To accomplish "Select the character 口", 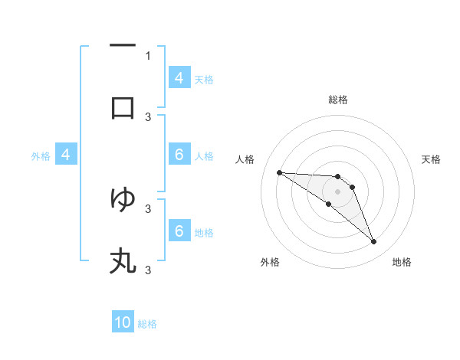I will (123, 108).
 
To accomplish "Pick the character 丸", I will (123, 261).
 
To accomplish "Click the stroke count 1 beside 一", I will (148, 55).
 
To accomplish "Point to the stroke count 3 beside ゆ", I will (148, 208).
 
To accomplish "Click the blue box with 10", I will (123, 322).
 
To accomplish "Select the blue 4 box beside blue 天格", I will (179, 77).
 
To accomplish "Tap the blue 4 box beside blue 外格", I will (66, 155).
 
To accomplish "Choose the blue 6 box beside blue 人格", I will (179, 155).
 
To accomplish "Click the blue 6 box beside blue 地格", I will (179, 231).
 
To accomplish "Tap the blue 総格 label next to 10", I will (147, 324).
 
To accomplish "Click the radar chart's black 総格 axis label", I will (337, 100).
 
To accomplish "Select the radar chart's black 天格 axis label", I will (431, 159).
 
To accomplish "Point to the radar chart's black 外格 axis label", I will (269, 262).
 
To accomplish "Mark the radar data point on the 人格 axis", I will (279, 172).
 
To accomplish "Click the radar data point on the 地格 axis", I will (373, 242).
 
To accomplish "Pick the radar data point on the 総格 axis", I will (337, 176).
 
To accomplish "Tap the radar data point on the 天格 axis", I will (352, 187).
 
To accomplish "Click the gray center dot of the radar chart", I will (337, 191).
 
